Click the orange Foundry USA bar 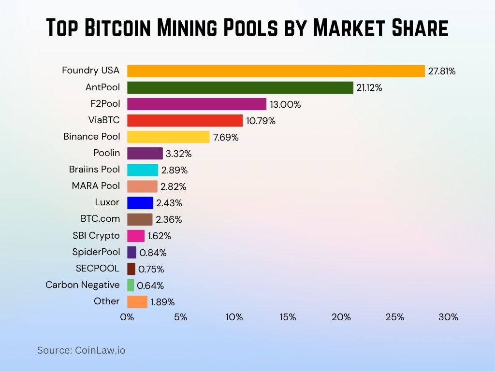[x=276, y=71]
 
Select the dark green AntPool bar [x=240, y=87]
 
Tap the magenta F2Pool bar [x=197, y=104]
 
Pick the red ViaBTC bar [x=185, y=120]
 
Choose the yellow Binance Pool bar [x=168, y=137]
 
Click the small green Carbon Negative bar [x=131, y=285]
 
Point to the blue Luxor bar [x=140, y=203]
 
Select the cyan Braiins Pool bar [x=143, y=170]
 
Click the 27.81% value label [x=442, y=71]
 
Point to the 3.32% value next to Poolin [x=179, y=154]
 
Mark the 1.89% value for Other [x=162, y=302]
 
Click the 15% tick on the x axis [x=288, y=317]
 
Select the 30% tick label [x=448, y=317]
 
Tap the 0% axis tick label [x=127, y=317]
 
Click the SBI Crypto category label [x=96, y=235]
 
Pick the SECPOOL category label [x=97, y=268]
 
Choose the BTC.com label [x=100, y=218]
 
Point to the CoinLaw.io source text [x=100, y=350]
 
